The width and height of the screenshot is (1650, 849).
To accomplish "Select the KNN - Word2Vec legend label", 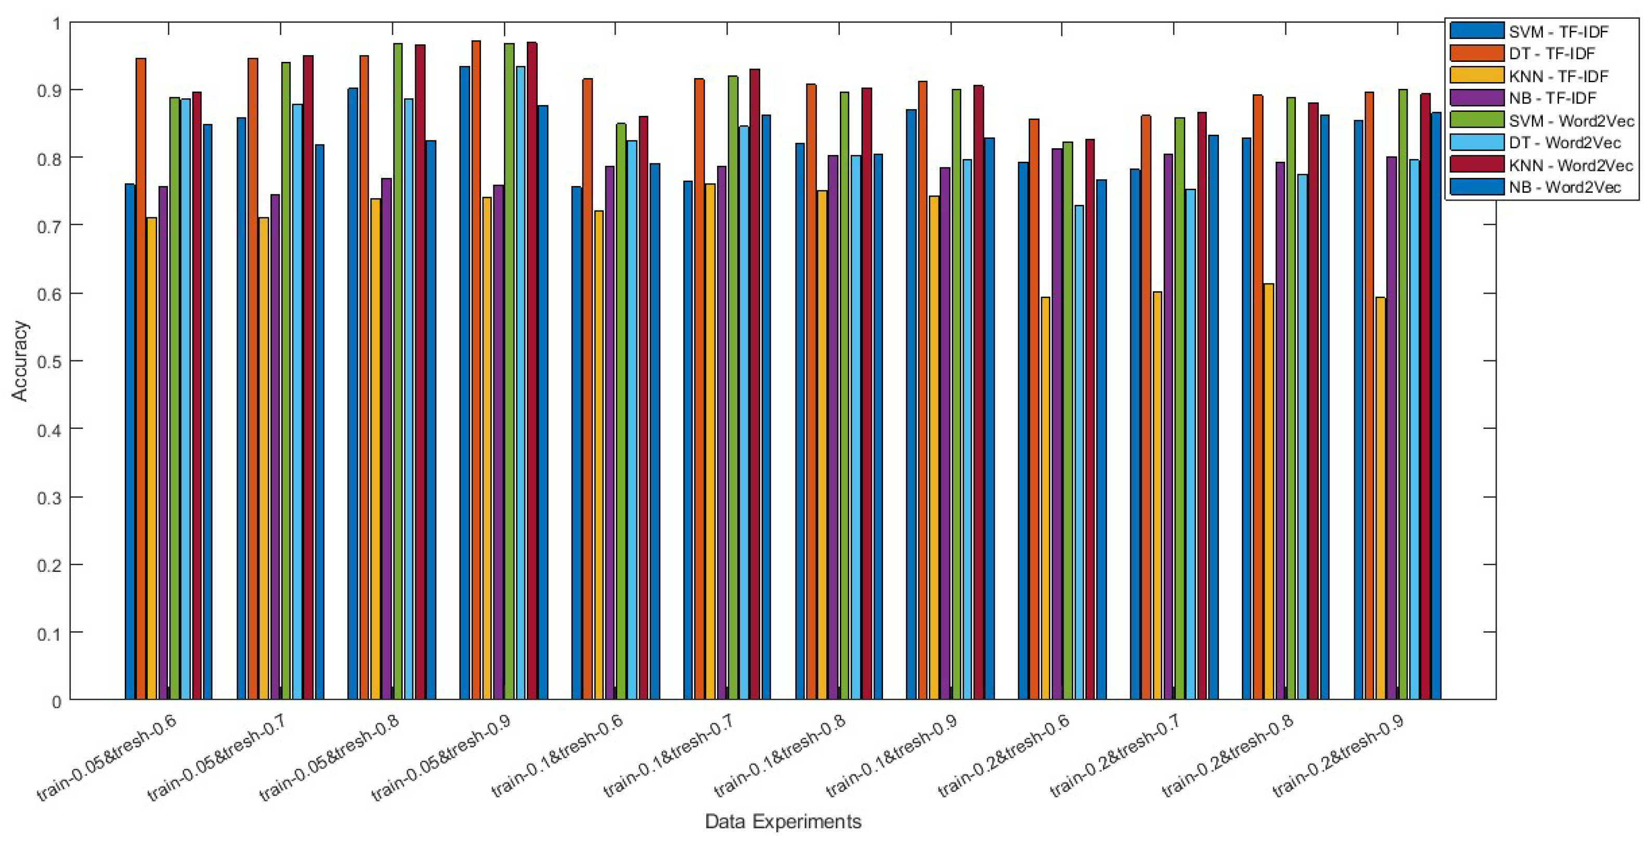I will (1570, 165).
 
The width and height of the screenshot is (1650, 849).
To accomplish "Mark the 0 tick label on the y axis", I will (56, 701).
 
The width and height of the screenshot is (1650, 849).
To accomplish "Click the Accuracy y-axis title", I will (20, 361).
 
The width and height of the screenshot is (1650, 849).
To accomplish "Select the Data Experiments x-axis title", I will (783, 821).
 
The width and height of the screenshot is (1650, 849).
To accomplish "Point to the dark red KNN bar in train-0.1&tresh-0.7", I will (755, 384).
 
